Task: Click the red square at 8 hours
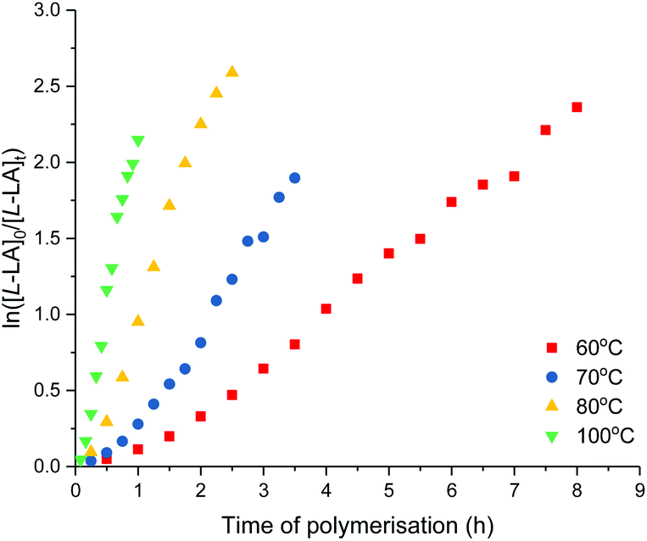pos(577,107)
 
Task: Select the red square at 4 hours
pos(326,309)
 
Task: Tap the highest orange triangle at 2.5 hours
pos(232,71)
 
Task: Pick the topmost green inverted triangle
pos(138,142)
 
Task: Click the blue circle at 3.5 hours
pos(294,178)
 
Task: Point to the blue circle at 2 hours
pos(201,343)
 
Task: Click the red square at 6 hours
pos(451,202)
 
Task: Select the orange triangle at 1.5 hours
pos(170,204)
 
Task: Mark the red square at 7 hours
pos(514,176)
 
